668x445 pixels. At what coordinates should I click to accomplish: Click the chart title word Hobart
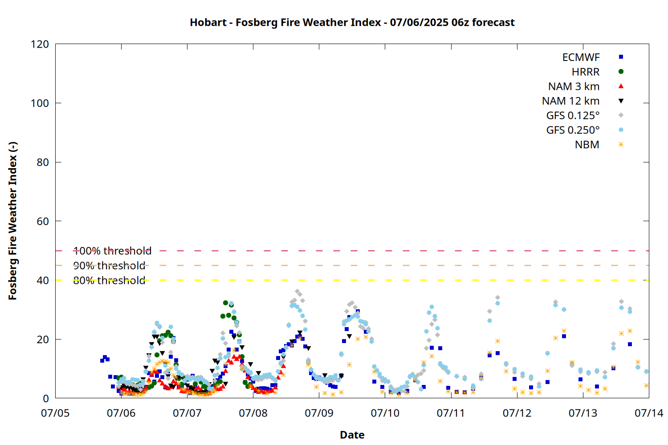pyautogui.click(x=208, y=22)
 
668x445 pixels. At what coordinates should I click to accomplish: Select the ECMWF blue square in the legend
pyautogui.click(x=621, y=57)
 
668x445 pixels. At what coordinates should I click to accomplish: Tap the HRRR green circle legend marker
pyautogui.click(x=621, y=72)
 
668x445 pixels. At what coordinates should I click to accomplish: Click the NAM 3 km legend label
pyautogui.click(x=574, y=86)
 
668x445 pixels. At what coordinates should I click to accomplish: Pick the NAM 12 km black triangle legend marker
pyautogui.click(x=621, y=101)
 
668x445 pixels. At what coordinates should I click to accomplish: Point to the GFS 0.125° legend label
pyautogui.click(x=573, y=115)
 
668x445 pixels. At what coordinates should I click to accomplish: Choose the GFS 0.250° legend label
pyautogui.click(x=573, y=130)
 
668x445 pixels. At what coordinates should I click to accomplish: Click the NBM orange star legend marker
pyautogui.click(x=621, y=145)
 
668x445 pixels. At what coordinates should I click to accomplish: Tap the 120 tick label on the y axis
pyautogui.click(x=40, y=44)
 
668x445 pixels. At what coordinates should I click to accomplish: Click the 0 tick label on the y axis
pyautogui.click(x=45, y=398)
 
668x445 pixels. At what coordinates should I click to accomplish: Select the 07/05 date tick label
pyautogui.click(x=55, y=413)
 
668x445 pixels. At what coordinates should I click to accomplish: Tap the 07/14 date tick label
pyautogui.click(x=649, y=413)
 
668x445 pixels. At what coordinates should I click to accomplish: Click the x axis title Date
pyautogui.click(x=352, y=435)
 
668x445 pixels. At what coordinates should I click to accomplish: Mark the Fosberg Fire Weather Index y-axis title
pyautogui.click(x=13, y=221)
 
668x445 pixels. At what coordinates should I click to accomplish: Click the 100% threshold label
pyautogui.click(x=112, y=251)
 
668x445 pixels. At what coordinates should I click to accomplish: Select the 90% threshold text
pyautogui.click(x=109, y=266)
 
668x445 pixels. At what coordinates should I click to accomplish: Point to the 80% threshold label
pyautogui.click(x=109, y=280)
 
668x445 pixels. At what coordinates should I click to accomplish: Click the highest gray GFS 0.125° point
pyautogui.click(x=297, y=291)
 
